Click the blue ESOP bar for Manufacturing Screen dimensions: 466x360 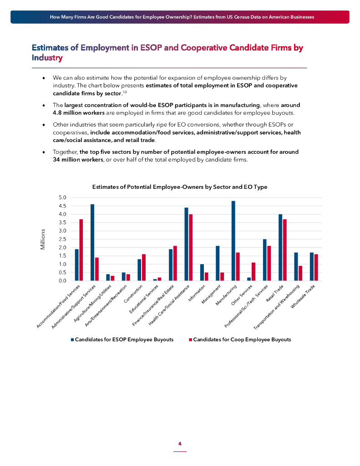(x=233, y=241)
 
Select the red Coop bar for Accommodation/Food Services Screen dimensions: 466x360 (x=81, y=250)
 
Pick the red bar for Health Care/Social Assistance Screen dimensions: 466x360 (x=191, y=248)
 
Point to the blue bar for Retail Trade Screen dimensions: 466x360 (x=280, y=248)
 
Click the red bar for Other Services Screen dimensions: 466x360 (x=254, y=272)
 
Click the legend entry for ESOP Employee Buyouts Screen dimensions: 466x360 (x=122, y=339)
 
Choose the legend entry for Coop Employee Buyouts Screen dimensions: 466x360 (x=240, y=339)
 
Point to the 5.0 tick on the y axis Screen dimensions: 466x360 (x=63, y=198)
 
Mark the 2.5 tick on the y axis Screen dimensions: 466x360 (x=63, y=239)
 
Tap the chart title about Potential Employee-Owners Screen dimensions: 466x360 (x=180, y=187)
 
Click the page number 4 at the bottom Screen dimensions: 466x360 (x=180, y=444)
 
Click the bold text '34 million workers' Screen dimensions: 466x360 (x=76, y=159)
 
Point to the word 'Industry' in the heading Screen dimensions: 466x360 (x=47, y=58)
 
